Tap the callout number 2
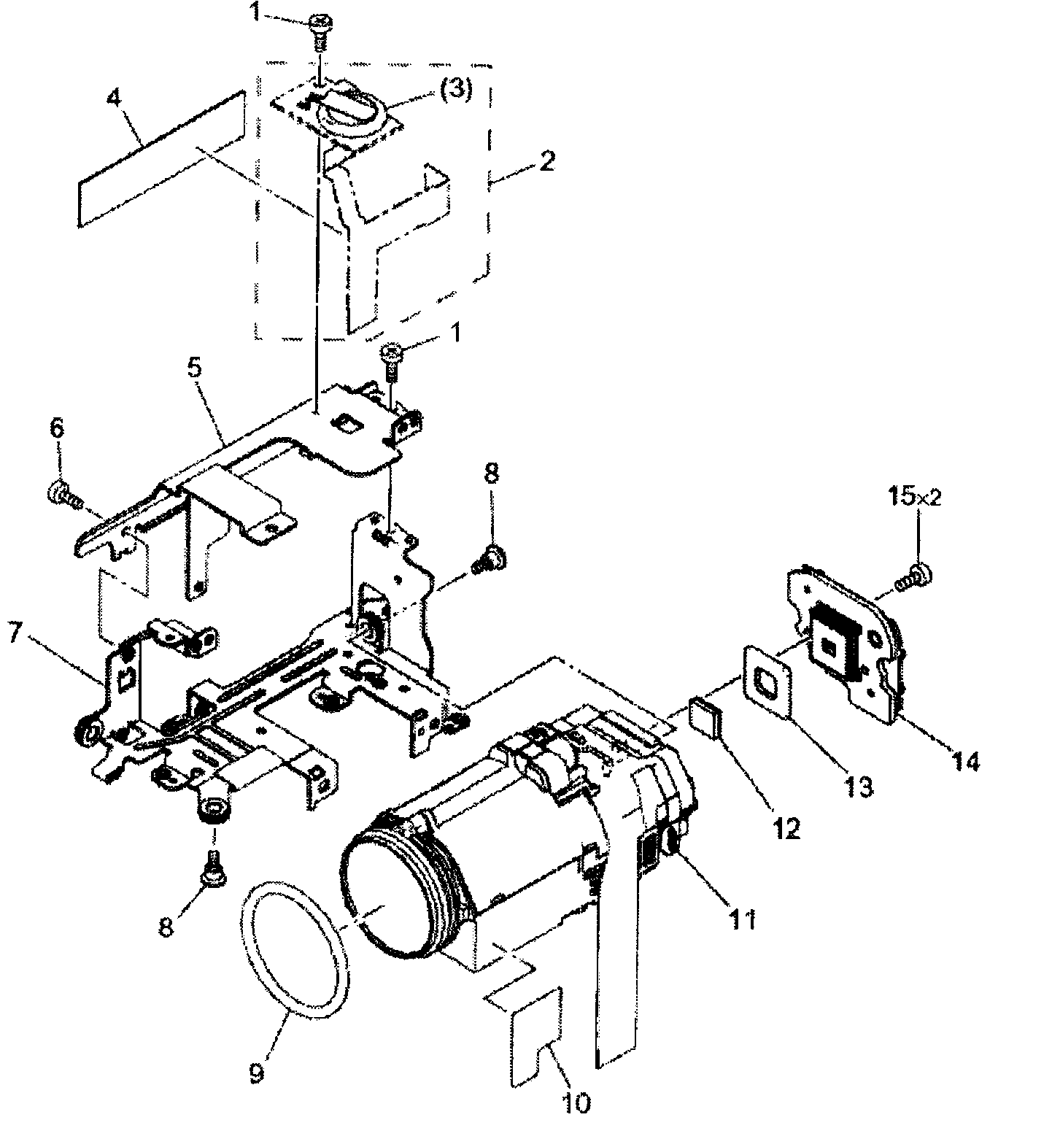pos(546,160)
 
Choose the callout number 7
pos(15,633)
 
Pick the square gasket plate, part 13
pos(767,682)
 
